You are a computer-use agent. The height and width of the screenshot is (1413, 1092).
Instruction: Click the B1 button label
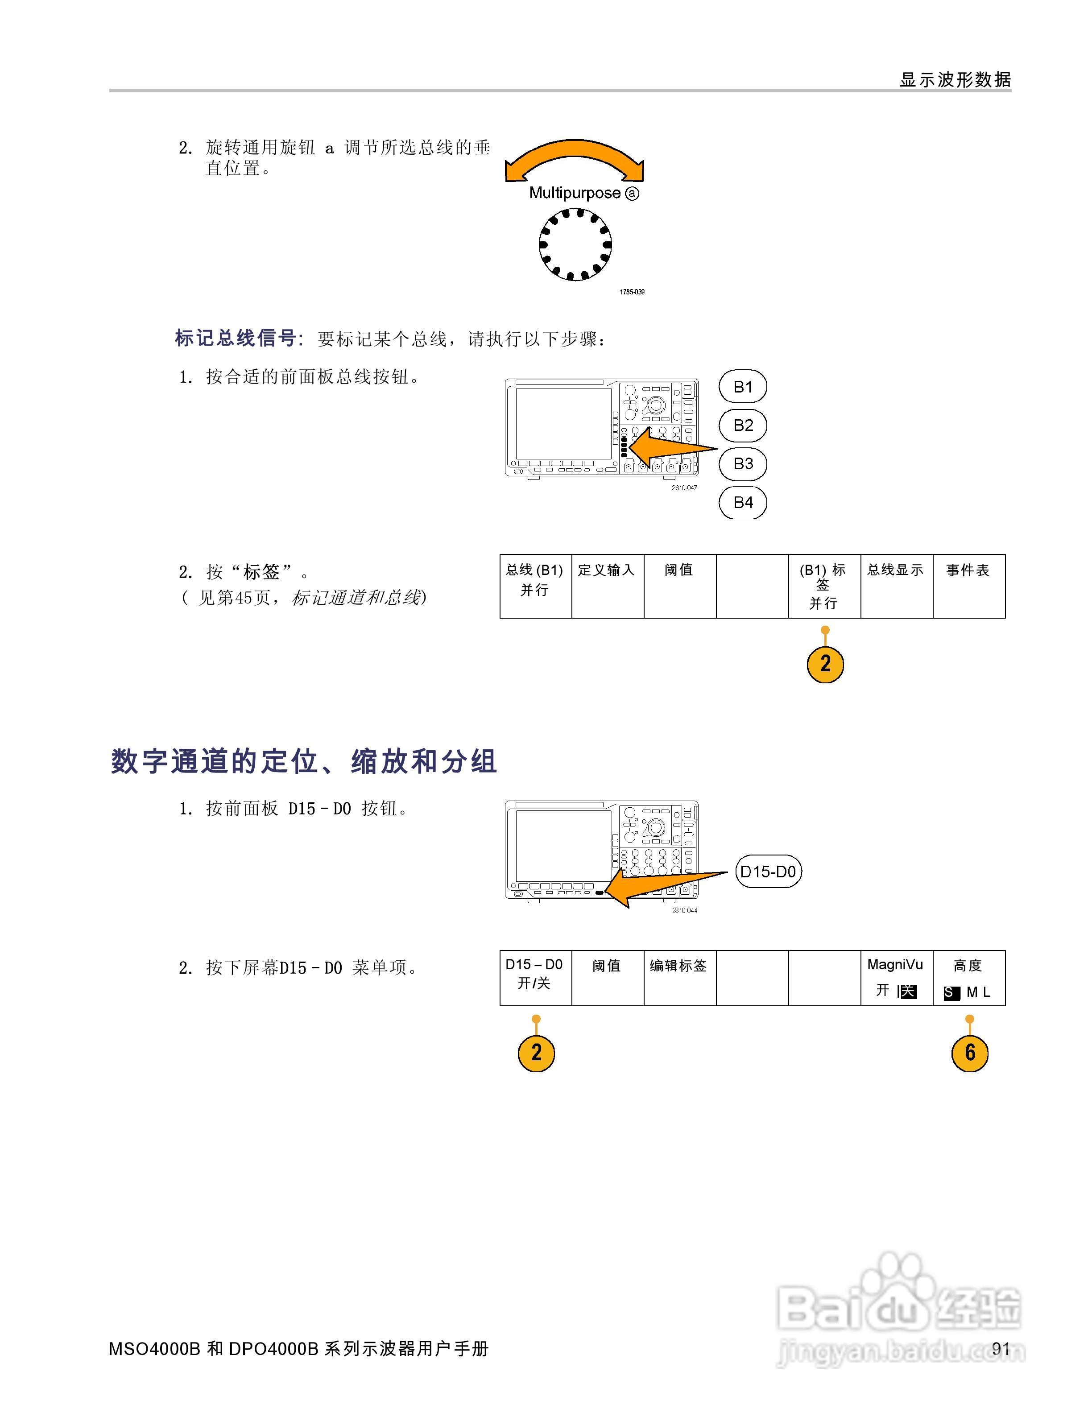[x=743, y=387]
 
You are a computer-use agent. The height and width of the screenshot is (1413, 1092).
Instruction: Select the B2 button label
[x=743, y=425]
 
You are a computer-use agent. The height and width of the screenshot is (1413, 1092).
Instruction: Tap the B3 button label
[x=743, y=464]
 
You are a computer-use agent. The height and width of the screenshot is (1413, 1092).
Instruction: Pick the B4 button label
[x=743, y=502]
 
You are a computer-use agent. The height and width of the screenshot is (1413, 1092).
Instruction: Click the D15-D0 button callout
[x=768, y=872]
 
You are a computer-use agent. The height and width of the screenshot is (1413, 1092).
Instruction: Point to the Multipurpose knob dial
[x=575, y=244]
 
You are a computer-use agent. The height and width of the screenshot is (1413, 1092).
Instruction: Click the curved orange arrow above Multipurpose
[x=575, y=158]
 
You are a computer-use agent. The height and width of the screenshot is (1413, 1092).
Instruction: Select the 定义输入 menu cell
[x=607, y=586]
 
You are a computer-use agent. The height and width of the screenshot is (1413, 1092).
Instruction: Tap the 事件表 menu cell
[x=968, y=586]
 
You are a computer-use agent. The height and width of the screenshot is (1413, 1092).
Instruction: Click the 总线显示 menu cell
[x=896, y=586]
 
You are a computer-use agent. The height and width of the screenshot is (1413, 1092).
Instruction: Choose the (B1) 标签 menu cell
[x=823, y=586]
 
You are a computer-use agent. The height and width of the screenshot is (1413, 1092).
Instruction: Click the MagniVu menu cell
[x=896, y=978]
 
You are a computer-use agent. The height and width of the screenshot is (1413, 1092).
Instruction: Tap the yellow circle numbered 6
[x=969, y=1053]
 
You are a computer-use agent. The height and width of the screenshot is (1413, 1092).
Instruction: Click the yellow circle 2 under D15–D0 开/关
[x=536, y=1053]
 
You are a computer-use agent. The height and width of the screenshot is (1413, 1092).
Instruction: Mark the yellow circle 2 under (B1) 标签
[x=825, y=664]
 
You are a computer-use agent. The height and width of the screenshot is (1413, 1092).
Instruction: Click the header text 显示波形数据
[x=955, y=79]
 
